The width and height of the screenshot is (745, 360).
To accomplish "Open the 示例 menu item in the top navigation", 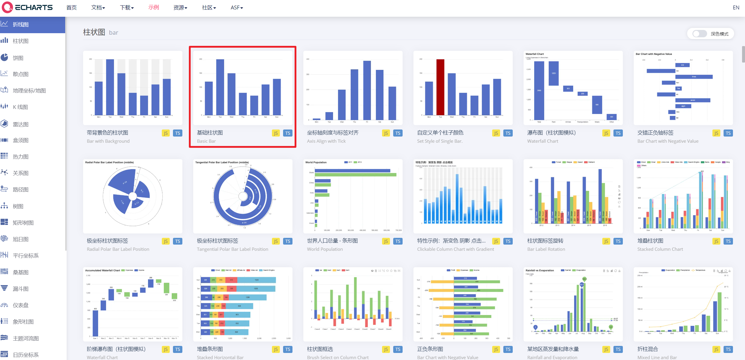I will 153,8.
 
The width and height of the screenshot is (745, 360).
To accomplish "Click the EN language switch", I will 736,8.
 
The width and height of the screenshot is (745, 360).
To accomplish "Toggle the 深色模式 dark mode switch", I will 699,34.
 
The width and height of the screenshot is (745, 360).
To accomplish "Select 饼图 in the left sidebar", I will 18,58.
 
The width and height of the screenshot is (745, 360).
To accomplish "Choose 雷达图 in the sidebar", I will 21,124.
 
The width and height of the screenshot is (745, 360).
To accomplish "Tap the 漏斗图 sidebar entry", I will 21,289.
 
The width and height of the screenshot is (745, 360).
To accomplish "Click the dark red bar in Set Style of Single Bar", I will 440,87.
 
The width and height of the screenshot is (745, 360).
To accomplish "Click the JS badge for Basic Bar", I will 276,133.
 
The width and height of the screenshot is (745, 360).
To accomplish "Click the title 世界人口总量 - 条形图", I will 332,241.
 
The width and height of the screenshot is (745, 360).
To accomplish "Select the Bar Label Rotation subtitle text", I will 546,249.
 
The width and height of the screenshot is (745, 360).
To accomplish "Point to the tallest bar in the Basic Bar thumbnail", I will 220,87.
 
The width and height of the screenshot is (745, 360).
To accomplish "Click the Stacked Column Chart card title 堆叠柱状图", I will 650,241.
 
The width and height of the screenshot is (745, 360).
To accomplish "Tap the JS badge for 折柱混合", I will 716,349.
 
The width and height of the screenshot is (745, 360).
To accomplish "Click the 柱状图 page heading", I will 94,32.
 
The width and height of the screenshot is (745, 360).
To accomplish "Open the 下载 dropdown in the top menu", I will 127,8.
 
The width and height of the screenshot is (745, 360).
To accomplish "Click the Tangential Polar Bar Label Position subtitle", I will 232,249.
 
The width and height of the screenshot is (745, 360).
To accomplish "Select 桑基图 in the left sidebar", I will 21,272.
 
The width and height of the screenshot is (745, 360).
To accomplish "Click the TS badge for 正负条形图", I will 508,349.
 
